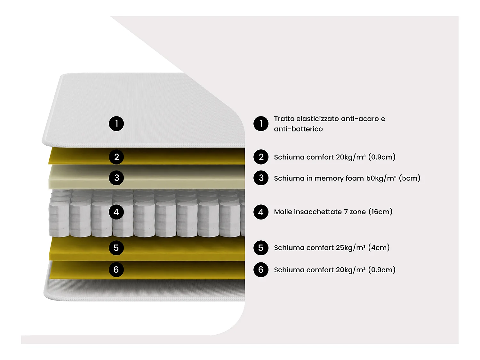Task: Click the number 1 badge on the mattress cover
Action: [116, 124]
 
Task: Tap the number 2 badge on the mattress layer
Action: [116, 157]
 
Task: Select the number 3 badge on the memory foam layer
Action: [116, 178]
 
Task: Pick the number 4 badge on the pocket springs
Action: [116, 212]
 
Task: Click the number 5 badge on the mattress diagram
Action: [116, 248]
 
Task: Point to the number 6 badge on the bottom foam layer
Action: [116, 270]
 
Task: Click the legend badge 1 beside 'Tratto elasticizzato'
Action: [261, 124]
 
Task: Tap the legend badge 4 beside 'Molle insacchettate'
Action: [261, 212]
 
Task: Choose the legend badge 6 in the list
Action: [261, 270]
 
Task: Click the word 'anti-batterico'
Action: [298, 129]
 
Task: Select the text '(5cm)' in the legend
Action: [410, 178]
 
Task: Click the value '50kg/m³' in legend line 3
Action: [381, 178]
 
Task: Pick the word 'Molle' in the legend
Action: [283, 212]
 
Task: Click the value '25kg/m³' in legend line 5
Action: [350, 248]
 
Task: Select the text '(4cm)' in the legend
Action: [379, 248]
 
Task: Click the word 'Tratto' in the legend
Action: [284, 119]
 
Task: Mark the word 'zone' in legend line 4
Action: [357, 212]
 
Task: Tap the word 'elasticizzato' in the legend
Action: [317, 119]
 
